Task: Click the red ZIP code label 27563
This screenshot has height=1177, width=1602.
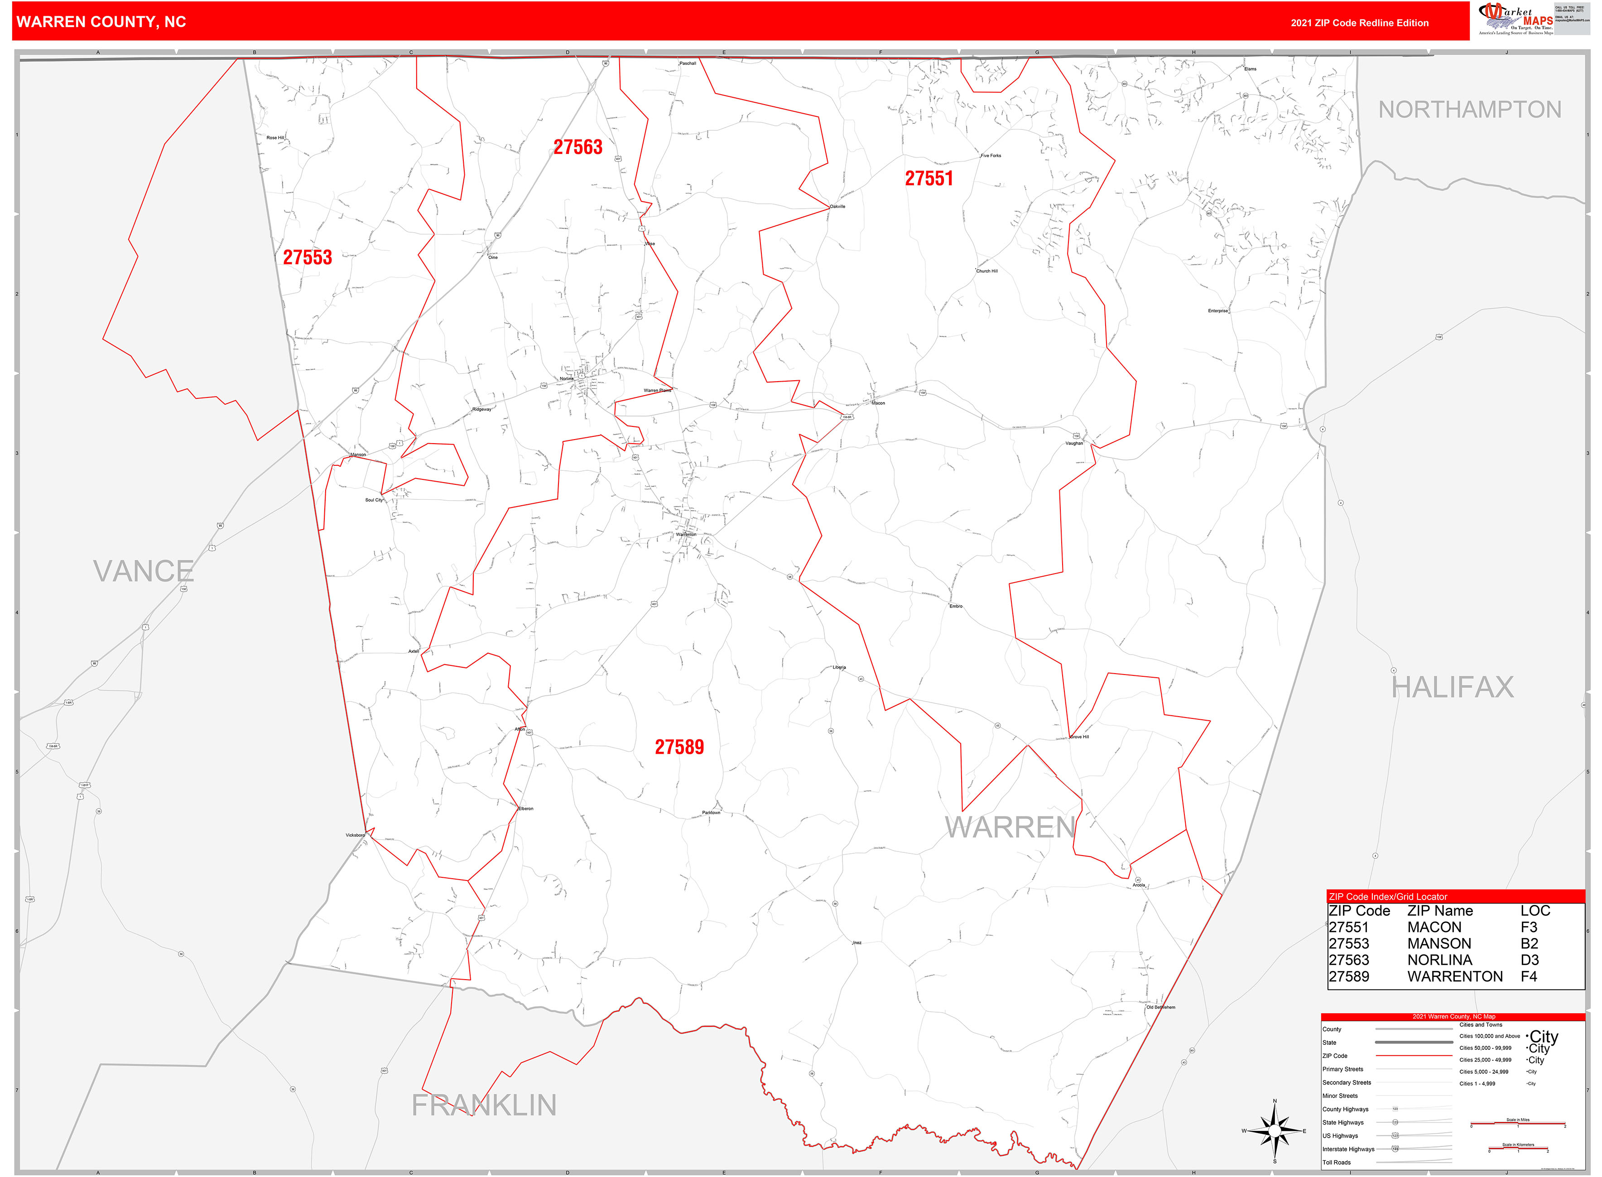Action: coord(578,148)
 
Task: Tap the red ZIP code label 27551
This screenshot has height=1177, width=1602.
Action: coord(928,179)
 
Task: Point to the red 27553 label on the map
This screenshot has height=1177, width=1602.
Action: coord(307,257)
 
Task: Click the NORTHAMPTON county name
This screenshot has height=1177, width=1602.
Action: coord(1469,110)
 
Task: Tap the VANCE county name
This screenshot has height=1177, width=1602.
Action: coord(143,571)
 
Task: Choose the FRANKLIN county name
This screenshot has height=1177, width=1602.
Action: coord(484,1105)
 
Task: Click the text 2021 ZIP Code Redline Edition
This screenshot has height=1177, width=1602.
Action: coord(1359,23)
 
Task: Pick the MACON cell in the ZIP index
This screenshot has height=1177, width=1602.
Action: coord(1434,927)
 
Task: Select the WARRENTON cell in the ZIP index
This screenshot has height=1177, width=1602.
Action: coord(1454,976)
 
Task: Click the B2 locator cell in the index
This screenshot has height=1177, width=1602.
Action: coord(1529,943)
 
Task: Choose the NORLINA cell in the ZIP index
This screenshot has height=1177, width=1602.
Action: coord(1439,960)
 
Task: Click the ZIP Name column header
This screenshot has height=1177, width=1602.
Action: coord(1439,910)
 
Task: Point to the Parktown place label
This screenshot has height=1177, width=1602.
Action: coord(711,812)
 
